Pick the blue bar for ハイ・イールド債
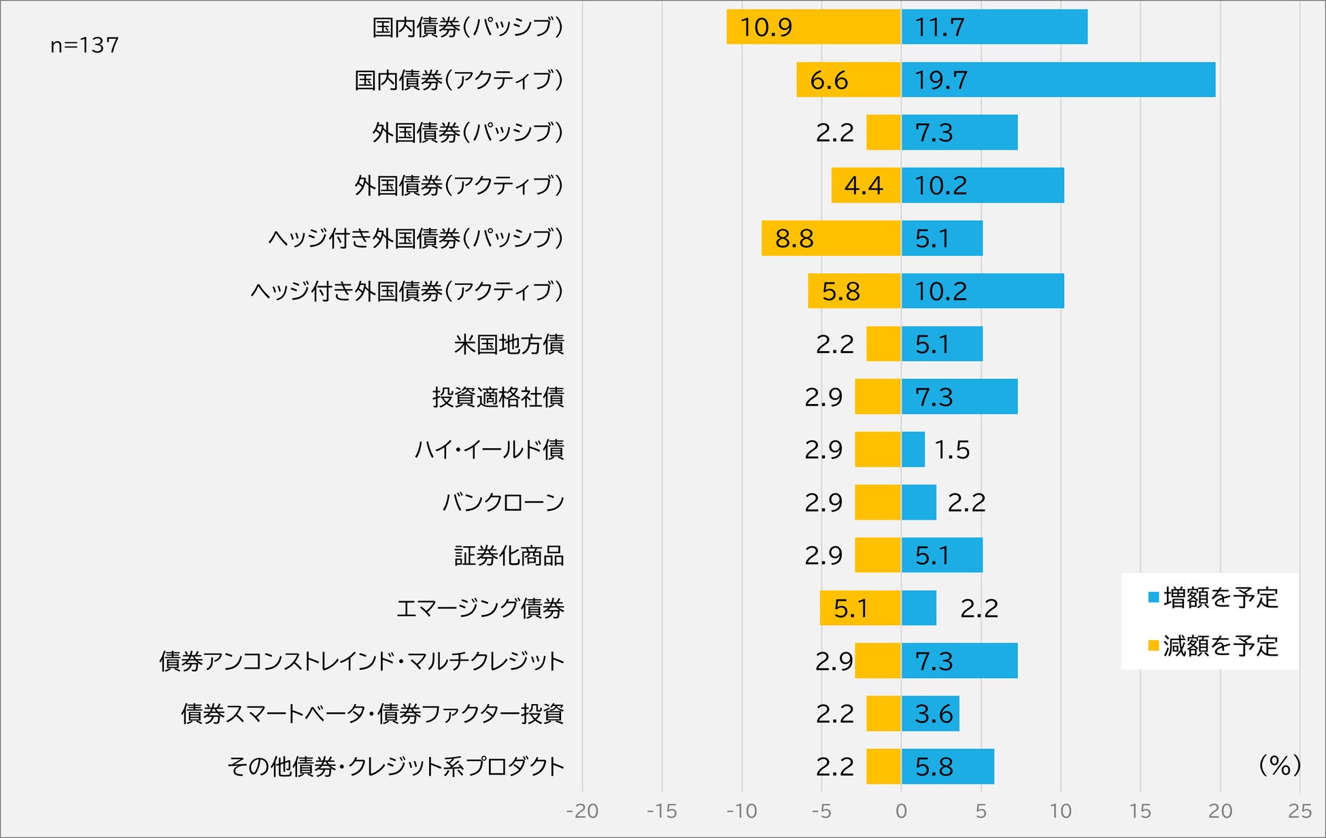(x=913, y=450)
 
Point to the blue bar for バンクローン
(x=919, y=503)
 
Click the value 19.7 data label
(x=940, y=80)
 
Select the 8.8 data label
(x=794, y=239)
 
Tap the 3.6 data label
(x=934, y=714)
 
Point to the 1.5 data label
(x=952, y=450)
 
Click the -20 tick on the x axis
(x=582, y=811)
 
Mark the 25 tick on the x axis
(x=1299, y=811)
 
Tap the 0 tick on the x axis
(x=901, y=811)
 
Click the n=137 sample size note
(x=84, y=46)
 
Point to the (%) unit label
(x=1279, y=765)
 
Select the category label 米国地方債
(x=509, y=344)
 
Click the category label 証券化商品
(x=509, y=556)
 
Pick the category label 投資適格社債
(x=498, y=397)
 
